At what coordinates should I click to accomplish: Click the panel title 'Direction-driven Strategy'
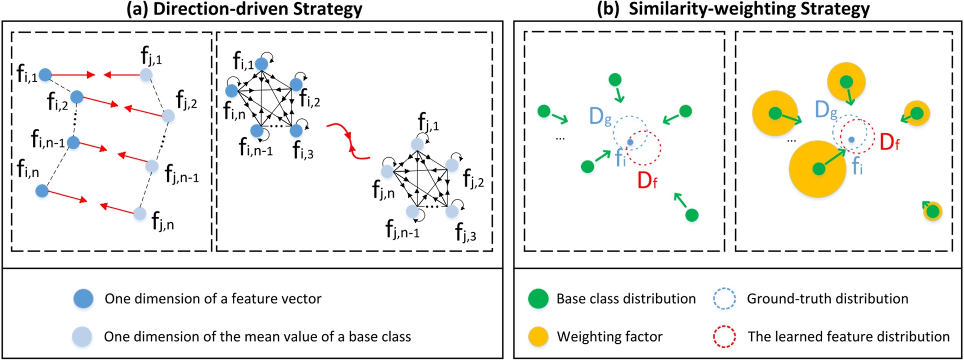[x=257, y=9]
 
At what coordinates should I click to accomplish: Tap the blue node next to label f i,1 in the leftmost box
[x=45, y=74]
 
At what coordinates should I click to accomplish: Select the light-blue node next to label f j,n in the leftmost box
[x=140, y=213]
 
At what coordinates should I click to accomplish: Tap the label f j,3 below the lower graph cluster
[x=466, y=232]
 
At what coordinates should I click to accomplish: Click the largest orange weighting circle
[x=818, y=168]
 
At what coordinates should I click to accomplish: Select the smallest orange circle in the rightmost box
[x=933, y=211]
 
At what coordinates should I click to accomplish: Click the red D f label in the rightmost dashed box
[x=890, y=142]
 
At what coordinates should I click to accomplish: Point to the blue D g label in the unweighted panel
[x=600, y=117]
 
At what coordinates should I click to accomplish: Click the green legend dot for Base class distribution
[x=538, y=299]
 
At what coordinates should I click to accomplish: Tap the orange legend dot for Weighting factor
[x=538, y=337]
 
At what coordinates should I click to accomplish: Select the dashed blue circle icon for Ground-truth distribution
[x=724, y=299]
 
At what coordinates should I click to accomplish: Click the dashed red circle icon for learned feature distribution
[x=724, y=337]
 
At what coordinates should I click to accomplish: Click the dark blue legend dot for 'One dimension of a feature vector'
[x=83, y=299]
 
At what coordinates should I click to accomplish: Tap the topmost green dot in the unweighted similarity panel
[x=615, y=80]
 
